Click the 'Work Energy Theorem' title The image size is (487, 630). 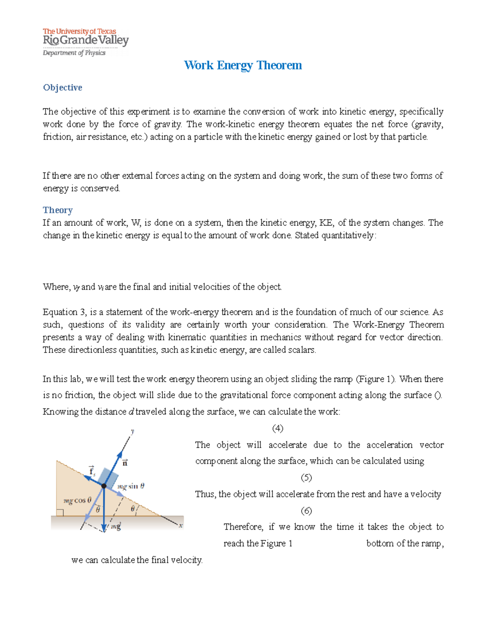click(243, 65)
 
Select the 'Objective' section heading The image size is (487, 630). click(62, 88)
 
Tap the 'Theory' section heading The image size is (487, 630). click(58, 210)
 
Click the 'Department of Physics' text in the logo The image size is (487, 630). click(74, 53)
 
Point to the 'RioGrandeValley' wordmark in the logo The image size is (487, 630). click(86, 41)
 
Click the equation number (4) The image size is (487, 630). click(278, 428)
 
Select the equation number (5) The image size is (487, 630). click(306, 477)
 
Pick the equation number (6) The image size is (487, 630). click(306, 511)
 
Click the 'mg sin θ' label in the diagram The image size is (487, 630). click(131, 486)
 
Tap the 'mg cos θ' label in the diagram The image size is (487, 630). click(78, 501)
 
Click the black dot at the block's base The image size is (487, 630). click(104, 486)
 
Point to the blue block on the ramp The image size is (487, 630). click(108, 477)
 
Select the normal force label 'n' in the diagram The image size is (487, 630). click(125, 462)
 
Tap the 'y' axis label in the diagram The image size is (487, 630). click(132, 431)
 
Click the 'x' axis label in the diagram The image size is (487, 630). click(181, 525)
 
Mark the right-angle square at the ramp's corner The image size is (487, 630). click(60, 513)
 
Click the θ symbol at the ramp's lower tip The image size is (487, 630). click(133, 509)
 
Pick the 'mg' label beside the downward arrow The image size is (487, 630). click(116, 527)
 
